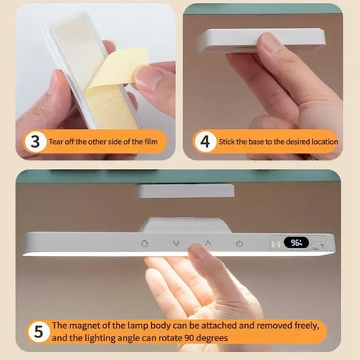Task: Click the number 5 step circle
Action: [36, 331]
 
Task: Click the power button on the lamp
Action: [239, 243]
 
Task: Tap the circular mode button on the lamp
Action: [144, 243]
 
